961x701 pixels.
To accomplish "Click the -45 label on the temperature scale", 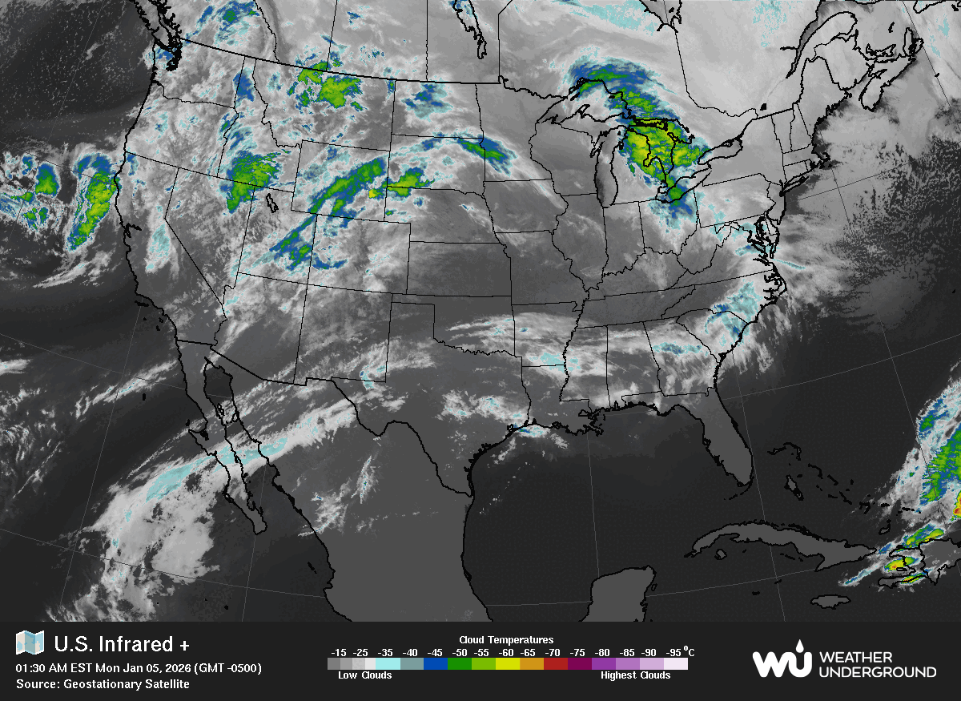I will coord(435,652).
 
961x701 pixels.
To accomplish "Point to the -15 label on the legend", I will coord(339,652).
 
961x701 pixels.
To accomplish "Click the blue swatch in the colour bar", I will coord(435,663).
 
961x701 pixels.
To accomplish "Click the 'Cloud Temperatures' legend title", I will coord(506,639).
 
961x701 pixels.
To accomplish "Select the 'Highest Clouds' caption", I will coord(635,675).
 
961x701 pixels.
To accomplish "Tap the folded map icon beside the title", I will coord(30,643).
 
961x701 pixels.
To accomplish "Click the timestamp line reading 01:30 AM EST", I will coord(139,667).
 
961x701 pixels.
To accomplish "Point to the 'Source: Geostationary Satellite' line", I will coord(103,683).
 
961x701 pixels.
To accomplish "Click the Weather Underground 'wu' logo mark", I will coord(782,661).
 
